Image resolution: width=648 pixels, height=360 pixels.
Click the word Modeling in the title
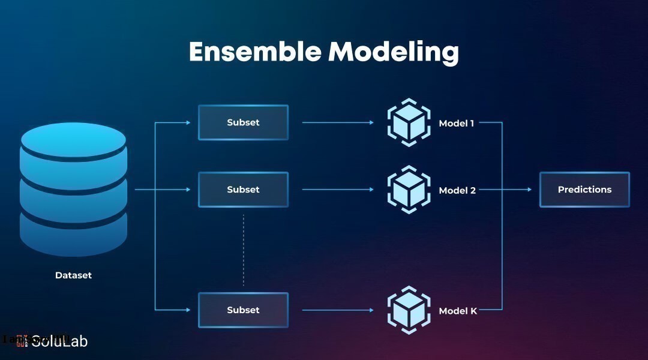point(394,53)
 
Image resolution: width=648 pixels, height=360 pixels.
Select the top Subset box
point(243,122)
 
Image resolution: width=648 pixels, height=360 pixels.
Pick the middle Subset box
point(243,190)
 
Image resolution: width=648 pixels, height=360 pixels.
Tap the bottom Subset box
point(243,310)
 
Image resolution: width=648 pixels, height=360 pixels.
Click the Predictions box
point(584,190)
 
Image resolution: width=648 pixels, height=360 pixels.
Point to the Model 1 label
point(457,124)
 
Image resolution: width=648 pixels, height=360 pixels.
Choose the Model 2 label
point(457,191)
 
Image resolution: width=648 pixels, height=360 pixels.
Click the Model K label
point(458,311)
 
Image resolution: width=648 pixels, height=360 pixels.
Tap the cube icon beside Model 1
point(409,122)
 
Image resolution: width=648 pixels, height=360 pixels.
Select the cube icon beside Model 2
point(409,190)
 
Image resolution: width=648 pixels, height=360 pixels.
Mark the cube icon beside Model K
point(409,310)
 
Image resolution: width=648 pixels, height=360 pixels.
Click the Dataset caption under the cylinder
point(73,275)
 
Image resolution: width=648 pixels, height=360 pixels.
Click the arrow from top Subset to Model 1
point(337,122)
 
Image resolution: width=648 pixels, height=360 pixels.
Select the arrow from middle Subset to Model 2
point(337,190)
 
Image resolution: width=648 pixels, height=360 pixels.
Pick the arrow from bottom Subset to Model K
point(337,310)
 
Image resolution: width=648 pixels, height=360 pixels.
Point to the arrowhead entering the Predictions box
point(529,190)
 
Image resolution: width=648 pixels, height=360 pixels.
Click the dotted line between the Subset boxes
point(244,249)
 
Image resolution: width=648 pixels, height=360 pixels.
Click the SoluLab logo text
point(59,341)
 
